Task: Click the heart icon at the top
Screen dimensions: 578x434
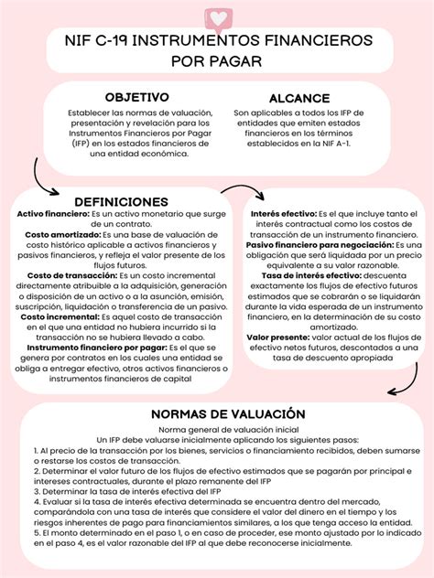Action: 218,17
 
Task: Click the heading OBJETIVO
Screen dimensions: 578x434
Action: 136,97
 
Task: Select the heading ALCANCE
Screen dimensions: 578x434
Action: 299,98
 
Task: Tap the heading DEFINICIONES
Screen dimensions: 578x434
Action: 121,201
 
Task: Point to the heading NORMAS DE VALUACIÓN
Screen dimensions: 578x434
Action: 215,413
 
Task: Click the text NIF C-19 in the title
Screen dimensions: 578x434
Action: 107,42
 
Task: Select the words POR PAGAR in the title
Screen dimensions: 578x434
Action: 216,61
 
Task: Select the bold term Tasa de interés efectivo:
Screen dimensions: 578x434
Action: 311,275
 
